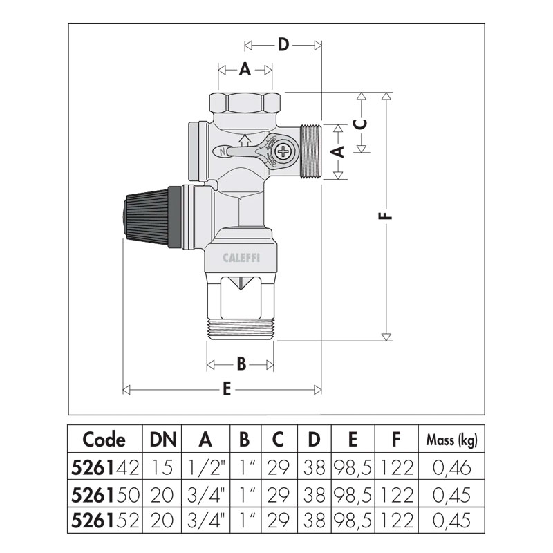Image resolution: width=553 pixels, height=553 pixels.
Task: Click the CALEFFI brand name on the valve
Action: [x=241, y=258]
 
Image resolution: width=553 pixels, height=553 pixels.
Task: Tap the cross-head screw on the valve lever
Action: [x=283, y=152]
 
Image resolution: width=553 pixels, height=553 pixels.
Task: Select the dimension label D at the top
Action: [x=283, y=45]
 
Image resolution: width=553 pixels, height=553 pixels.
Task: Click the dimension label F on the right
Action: [x=387, y=216]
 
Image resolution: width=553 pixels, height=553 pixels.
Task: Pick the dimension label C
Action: [x=361, y=124]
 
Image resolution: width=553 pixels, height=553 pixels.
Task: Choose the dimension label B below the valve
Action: [x=241, y=364]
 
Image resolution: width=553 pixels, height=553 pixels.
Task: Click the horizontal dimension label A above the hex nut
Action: [x=245, y=68]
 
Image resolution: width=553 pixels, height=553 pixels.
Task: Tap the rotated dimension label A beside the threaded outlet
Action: [x=338, y=151]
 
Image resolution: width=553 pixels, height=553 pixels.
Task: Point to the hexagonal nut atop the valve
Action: [x=245, y=102]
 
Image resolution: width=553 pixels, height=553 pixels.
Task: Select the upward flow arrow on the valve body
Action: [x=243, y=141]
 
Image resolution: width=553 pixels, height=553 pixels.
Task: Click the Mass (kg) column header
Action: [x=452, y=440]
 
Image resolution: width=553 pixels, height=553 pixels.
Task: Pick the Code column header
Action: [x=104, y=440]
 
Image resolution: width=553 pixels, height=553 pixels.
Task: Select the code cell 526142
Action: [x=105, y=468]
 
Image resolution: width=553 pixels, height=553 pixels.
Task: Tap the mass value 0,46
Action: [x=452, y=468]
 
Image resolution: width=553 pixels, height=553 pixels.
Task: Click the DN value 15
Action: [x=162, y=468]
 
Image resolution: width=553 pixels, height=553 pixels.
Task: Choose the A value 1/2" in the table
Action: [x=206, y=468]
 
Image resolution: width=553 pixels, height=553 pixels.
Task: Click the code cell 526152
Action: [x=105, y=521]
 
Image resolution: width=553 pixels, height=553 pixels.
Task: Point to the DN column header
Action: [x=163, y=440]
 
